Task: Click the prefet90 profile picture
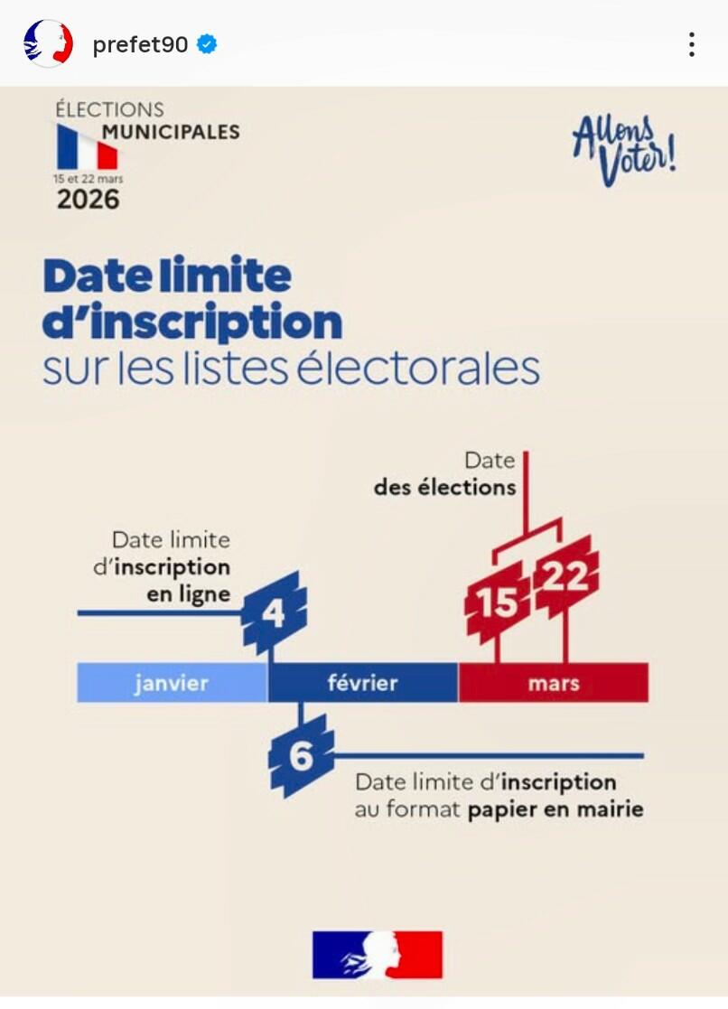point(48,43)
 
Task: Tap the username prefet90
point(140,44)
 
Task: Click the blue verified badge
point(208,44)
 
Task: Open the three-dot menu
point(691,44)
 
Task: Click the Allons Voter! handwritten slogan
point(624,148)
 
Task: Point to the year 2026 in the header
point(88,199)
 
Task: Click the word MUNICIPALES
point(171,132)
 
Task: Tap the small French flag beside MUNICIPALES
point(88,147)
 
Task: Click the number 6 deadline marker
point(302,757)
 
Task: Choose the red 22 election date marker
point(565,576)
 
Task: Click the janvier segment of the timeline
point(172,683)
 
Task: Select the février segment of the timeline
point(362,683)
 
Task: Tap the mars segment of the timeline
point(554,683)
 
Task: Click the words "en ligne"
point(188,594)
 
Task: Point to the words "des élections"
point(444,488)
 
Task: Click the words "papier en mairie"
point(555,809)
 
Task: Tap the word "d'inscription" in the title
point(192,322)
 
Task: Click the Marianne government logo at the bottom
point(378,955)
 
